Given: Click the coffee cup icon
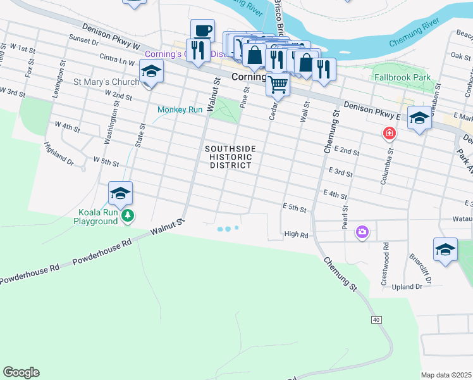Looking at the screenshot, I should click(202, 30).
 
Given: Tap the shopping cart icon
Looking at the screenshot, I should click(278, 84).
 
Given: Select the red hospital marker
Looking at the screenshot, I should click(389, 134).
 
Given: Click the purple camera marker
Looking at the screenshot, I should click(362, 232).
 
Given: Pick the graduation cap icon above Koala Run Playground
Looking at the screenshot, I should click(120, 193).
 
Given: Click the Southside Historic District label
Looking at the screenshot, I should click(231, 157).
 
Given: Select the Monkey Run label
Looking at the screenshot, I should click(180, 110).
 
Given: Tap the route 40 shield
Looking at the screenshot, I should click(376, 320).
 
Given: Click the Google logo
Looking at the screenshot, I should click(21, 372).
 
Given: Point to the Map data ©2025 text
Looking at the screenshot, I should click(446, 375).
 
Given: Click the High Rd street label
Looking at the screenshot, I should click(295, 234).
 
